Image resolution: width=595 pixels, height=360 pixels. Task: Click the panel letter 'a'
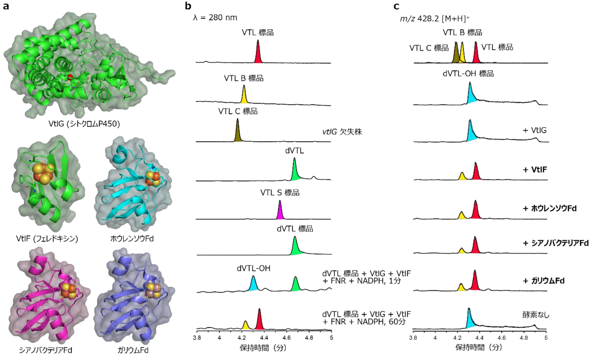point(6,6)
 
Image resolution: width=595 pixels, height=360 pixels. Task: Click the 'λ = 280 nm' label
point(215,18)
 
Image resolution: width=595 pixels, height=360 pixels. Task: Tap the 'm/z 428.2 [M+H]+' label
point(435,19)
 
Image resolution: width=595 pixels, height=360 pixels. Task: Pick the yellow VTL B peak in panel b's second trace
point(244,96)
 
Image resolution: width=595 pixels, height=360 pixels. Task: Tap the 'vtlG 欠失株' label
point(342,132)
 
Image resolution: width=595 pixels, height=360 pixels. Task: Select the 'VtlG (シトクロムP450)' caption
point(84,124)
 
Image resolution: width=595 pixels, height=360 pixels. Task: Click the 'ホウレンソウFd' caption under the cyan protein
point(132,238)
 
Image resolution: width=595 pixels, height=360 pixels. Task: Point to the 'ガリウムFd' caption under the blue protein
point(133,350)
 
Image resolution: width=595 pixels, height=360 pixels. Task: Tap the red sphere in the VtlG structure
point(70,76)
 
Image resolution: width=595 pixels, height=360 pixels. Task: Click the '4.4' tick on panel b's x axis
point(264,338)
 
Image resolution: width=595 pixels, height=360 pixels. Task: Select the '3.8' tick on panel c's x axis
point(413,338)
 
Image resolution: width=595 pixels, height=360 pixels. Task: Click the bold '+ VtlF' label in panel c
point(535,170)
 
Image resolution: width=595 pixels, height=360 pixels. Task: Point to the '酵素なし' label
point(536,315)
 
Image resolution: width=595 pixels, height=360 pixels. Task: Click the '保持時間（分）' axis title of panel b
point(263,348)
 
